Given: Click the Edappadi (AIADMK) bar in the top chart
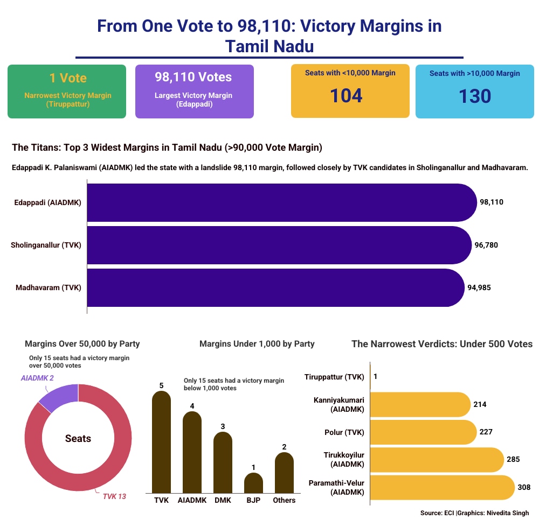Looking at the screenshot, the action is (282, 202).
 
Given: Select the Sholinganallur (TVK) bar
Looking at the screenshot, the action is (279, 245).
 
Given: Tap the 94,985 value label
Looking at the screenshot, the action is (479, 287).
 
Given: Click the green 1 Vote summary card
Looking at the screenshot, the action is (67, 92).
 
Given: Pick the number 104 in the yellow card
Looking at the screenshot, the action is (346, 96).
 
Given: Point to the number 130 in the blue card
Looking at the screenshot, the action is (475, 96).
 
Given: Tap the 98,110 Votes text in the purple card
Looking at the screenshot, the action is (193, 77).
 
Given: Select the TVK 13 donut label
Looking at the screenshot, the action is (114, 496).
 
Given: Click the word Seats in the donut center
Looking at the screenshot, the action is (78, 438).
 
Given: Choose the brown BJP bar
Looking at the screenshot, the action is (253, 483).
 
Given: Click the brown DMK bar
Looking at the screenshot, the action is (223, 462).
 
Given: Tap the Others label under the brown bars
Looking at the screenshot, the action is (284, 500).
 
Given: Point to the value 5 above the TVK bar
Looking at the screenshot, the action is (161, 385).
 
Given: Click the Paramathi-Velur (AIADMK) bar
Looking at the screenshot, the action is (443, 488).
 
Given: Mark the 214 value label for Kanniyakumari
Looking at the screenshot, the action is (480, 404).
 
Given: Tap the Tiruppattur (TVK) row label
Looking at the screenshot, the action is (334, 377).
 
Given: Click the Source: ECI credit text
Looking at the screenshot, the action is (437, 513).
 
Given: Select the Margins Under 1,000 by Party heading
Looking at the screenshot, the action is (257, 344).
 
